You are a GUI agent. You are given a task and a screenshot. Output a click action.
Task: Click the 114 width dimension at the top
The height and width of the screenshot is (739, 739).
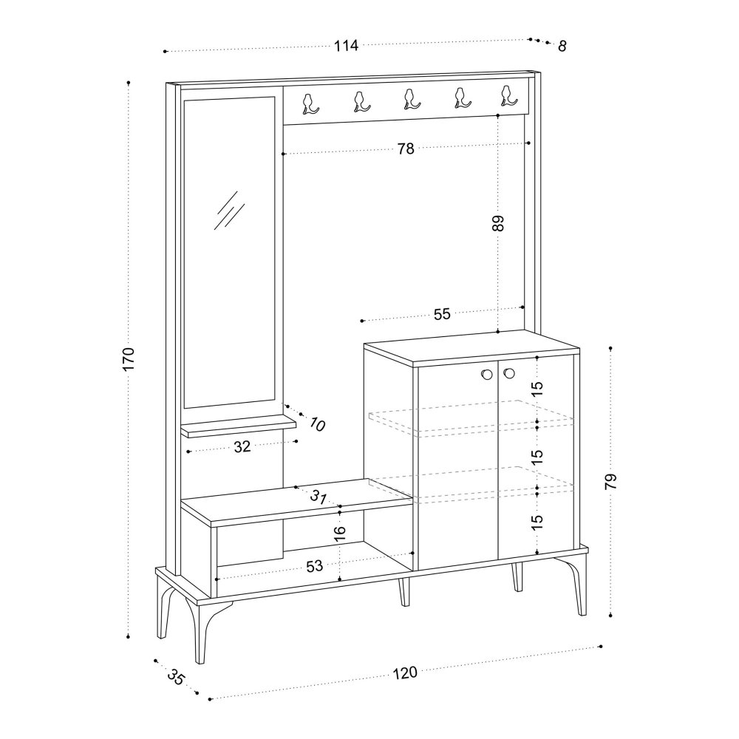pyautogui.click(x=347, y=46)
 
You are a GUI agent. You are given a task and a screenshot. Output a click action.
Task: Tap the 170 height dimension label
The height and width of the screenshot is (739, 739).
pyautogui.click(x=129, y=358)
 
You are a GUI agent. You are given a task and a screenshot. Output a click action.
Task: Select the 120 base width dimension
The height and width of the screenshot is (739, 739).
pyautogui.click(x=405, y=672)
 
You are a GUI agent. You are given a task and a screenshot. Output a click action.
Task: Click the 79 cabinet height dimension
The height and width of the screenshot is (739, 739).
pyautogui.click(x=610, y=481)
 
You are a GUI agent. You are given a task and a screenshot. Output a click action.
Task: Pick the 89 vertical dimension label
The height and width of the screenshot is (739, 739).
pyautogui.click(x=498, y=223)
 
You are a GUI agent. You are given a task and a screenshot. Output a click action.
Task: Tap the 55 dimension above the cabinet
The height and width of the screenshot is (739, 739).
pyautogui.click(x=442, y=314)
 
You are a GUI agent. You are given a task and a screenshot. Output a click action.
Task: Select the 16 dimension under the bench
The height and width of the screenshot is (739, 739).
pyautogui.click(x=339, y=532)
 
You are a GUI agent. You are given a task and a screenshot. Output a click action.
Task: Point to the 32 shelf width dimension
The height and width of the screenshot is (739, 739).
pyautogui.click(x=242, y=446)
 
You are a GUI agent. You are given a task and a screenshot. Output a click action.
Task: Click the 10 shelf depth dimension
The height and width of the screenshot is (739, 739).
pyautogui.click(x=317, y=425)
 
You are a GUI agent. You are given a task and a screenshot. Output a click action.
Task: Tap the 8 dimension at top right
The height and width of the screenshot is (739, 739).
pyautogui.click(x=562, y=46)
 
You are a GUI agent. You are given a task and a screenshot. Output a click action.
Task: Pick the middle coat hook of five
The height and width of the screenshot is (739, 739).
pyautogui.click(x=409, y=99)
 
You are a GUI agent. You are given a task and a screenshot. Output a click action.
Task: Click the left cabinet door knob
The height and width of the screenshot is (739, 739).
pyautogui.click(x=487, y=374)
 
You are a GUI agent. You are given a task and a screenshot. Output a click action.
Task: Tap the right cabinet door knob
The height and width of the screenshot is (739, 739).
pyautogui.click(x=508, y=372)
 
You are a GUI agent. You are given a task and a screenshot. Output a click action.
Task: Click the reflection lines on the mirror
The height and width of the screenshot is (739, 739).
pyautogui.click(x=228, y=211)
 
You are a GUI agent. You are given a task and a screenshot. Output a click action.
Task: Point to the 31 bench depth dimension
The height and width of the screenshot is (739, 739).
pyautogui.click(x=319, y=497)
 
